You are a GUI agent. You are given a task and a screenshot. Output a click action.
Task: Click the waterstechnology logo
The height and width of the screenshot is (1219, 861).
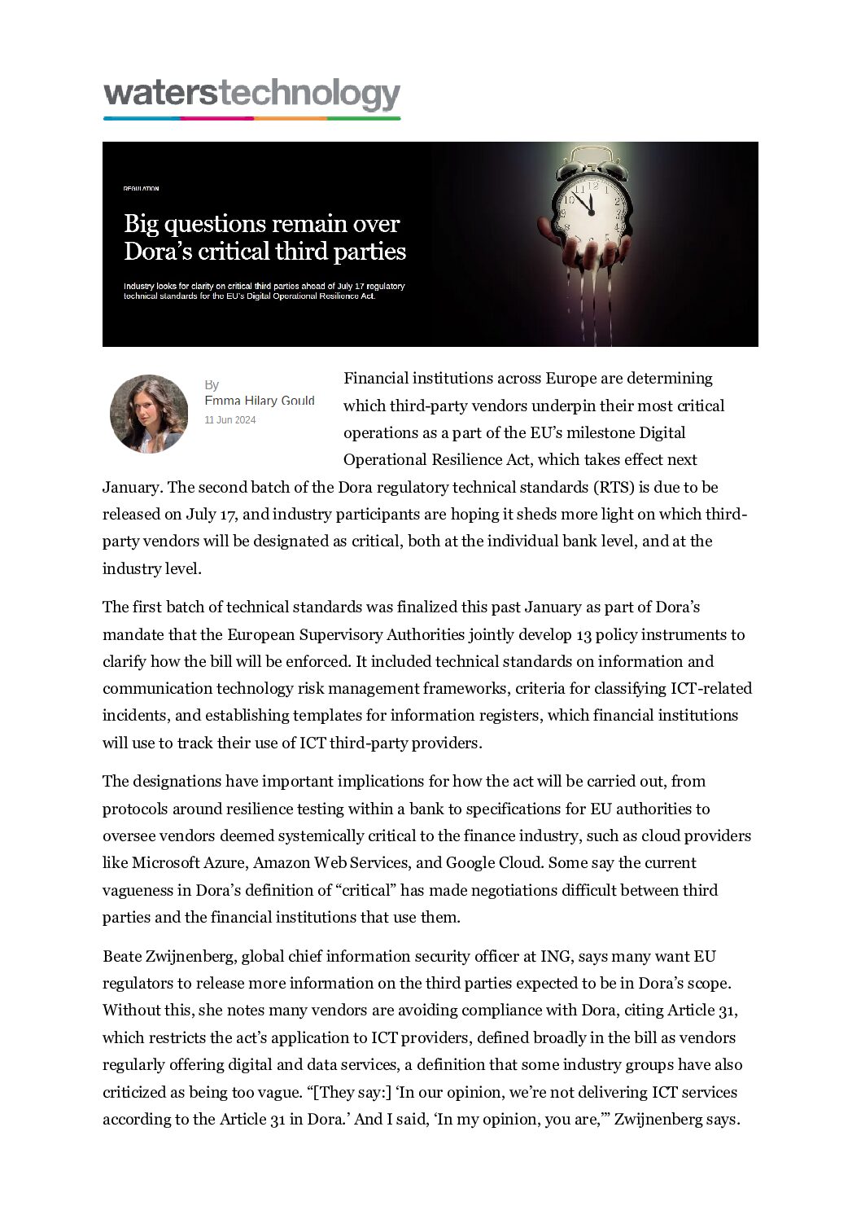click(x=251, y=97)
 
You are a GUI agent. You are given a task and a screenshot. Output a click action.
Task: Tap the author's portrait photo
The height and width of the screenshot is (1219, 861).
click(x=149, y=414)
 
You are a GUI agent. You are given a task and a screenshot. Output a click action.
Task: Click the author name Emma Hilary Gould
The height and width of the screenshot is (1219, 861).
click(x=260, y=401)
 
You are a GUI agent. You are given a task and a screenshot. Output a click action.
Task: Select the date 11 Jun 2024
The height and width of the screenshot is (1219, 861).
click(x=230, y=420)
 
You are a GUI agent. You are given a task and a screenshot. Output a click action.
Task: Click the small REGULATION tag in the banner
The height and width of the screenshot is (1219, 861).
click(x=142, y=189)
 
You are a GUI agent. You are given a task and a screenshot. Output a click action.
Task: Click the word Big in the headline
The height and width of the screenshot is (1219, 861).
click(x=142, y=224)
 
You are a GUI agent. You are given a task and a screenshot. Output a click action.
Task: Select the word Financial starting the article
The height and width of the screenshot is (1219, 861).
click(x=375, y=379)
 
